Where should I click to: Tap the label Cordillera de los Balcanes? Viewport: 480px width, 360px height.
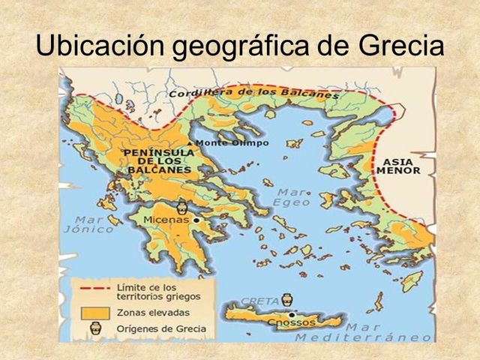253,92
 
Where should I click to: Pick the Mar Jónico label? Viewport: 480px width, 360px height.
94,224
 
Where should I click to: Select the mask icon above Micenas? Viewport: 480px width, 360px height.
181,206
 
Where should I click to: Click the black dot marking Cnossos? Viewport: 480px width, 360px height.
290,315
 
